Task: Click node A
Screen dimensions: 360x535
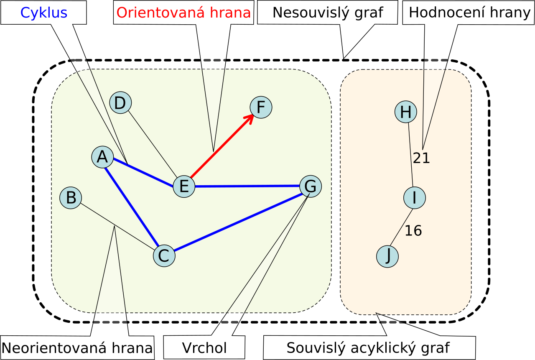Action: click(x=102, y=157)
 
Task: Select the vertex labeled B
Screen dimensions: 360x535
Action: click(x=71, y=197)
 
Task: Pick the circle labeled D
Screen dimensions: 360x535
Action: click(x=120, y=103)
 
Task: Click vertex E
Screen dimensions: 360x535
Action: click(x=184, y=186)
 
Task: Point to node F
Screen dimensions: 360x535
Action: click(x=261, y=107)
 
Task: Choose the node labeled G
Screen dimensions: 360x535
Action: click(x=311, y=186)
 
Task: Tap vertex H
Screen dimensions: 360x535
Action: click(x=406, y=112)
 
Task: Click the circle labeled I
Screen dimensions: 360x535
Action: click(x=414, y=198)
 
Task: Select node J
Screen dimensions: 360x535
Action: click(x=387, y=256)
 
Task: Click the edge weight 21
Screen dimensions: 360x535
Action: click(x=421, y=158)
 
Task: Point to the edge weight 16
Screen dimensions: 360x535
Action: click(x=413, y=230)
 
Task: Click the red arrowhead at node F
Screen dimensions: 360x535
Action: click(x=250, y=118)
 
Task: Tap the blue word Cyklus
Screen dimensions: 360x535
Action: click(x=44, y=13)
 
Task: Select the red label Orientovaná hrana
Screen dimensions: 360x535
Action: click(x=183, y=13)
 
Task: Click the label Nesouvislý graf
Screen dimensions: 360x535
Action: click(x=328, y=13)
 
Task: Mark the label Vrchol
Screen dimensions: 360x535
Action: click(x=204, y=348)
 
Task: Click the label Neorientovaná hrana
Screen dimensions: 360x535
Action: click(x=77, y=348)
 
